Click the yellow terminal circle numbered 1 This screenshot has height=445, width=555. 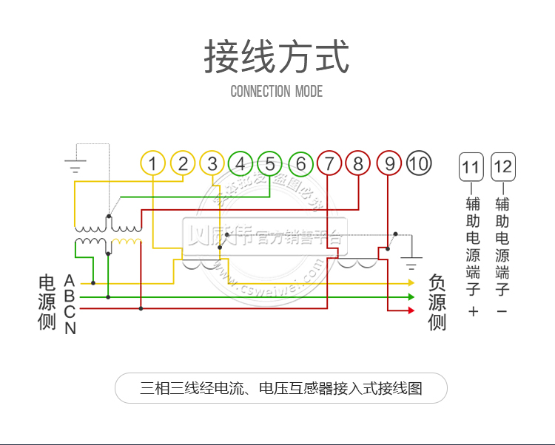click(152, 163)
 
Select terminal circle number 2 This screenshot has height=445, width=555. click(183, 163)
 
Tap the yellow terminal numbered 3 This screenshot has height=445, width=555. click(212, 163)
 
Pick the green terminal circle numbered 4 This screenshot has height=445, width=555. click(240, 163)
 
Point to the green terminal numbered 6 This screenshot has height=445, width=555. click(301, 163)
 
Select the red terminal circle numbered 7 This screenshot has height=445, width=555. click(329, 163)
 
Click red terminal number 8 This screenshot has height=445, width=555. click(358, 163)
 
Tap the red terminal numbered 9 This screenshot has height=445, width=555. click(389, 163)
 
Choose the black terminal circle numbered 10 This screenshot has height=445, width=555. click(419, 163)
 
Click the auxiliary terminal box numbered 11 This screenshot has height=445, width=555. click(471, 167)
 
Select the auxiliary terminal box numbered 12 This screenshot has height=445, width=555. click(502, 167)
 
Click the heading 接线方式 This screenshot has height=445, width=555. click(277, 58)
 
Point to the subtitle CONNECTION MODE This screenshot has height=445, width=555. click(277, 92)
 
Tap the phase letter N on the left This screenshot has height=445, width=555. click(70, 329)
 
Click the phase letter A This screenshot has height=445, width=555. click(70, 282)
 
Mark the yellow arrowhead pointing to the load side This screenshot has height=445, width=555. click(411, 282)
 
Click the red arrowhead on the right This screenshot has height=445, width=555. click(411, 310)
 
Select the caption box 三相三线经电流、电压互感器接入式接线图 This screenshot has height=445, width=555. click(281, 388)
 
